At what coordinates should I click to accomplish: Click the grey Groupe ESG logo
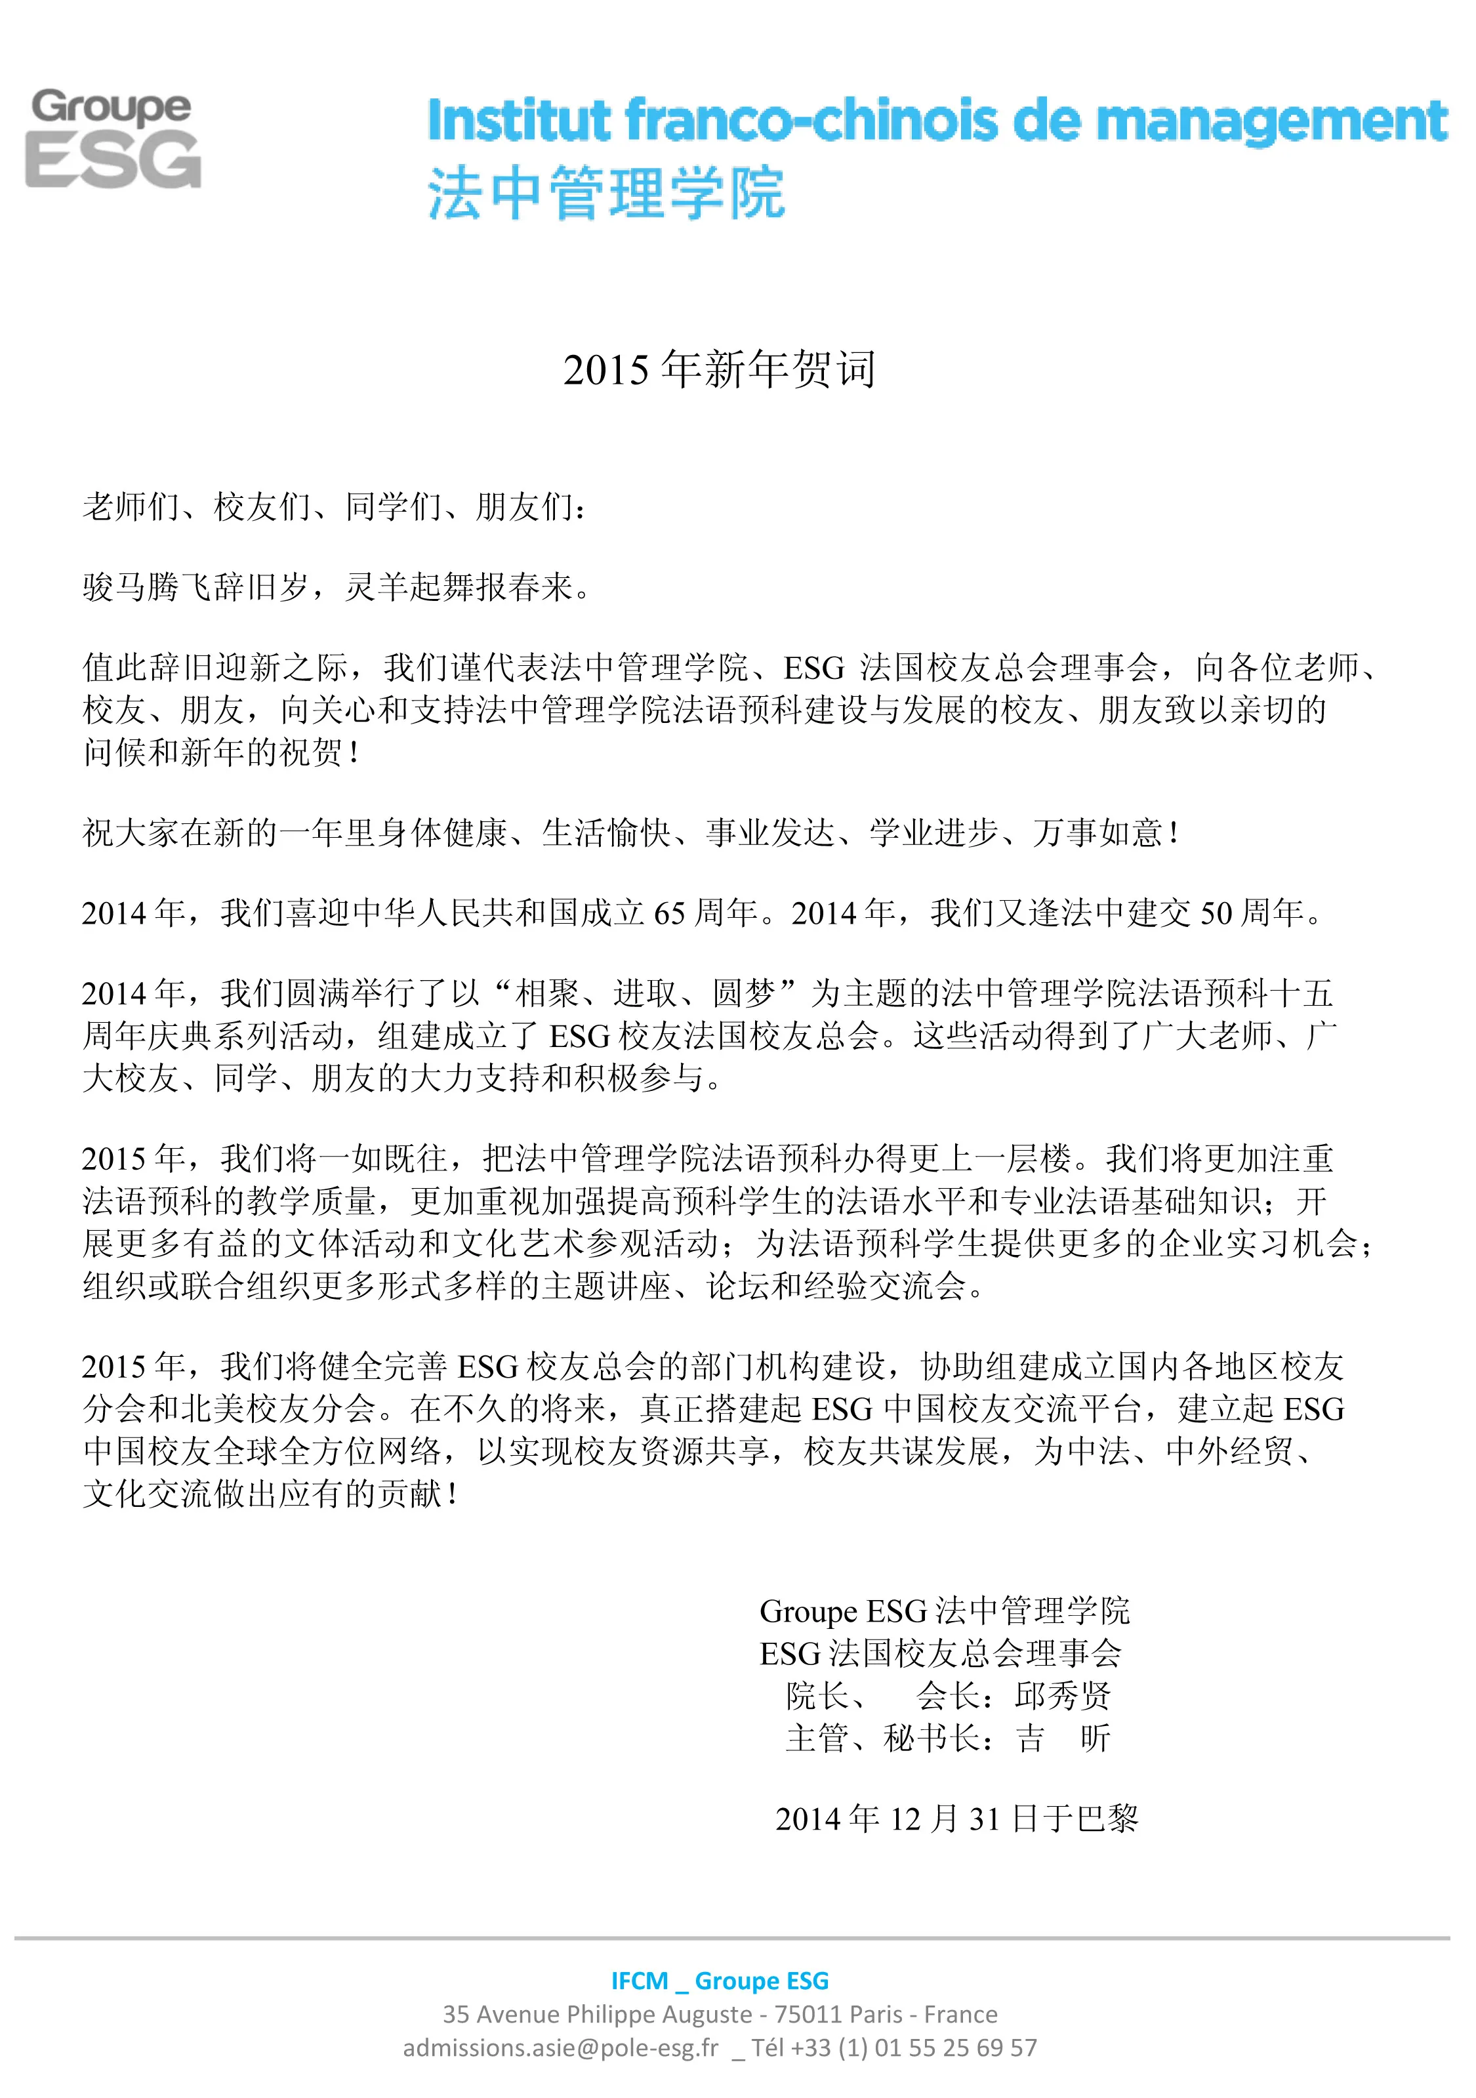pyautogui.click(x=112, y=139)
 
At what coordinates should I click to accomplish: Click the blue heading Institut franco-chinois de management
pyautogui.click(x=937, y=121)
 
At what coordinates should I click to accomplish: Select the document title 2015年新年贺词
pyautogui.click(x=719, y=369)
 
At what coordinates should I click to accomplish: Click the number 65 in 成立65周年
pyautogui.click(x=670, y=913)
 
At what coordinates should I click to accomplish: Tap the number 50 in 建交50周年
pyautogui.click(x=1216, y=913)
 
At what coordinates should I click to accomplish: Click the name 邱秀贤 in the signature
pyautogui.click(x=1063, y=1696)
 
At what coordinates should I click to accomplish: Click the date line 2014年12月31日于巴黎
pyautogui.click(x=956, y=1819)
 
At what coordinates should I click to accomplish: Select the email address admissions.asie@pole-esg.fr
pyautogui.click(x=560, y=2047)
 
